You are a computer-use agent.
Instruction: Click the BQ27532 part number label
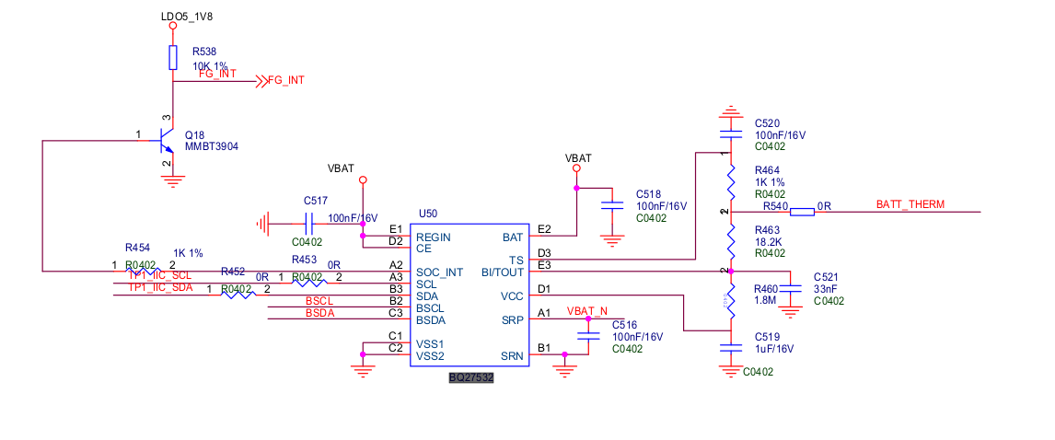click(x=471, y=377)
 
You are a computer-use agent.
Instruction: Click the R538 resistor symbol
click(x=172, y=59)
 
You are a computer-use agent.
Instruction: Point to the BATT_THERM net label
click(x=910, y=204)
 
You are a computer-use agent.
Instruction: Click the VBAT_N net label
click(x=587, y=311)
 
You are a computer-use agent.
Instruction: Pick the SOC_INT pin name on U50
click(x=440, y=272)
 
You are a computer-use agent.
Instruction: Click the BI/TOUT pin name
click(x=503, y=272)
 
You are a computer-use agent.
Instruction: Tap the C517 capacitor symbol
click(x=309, y=222)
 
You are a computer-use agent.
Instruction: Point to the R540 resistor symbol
click(x=803, y=213)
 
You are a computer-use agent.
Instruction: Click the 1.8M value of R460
click(x=766, y=300)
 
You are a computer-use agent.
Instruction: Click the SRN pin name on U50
click(x=512, y=356)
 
